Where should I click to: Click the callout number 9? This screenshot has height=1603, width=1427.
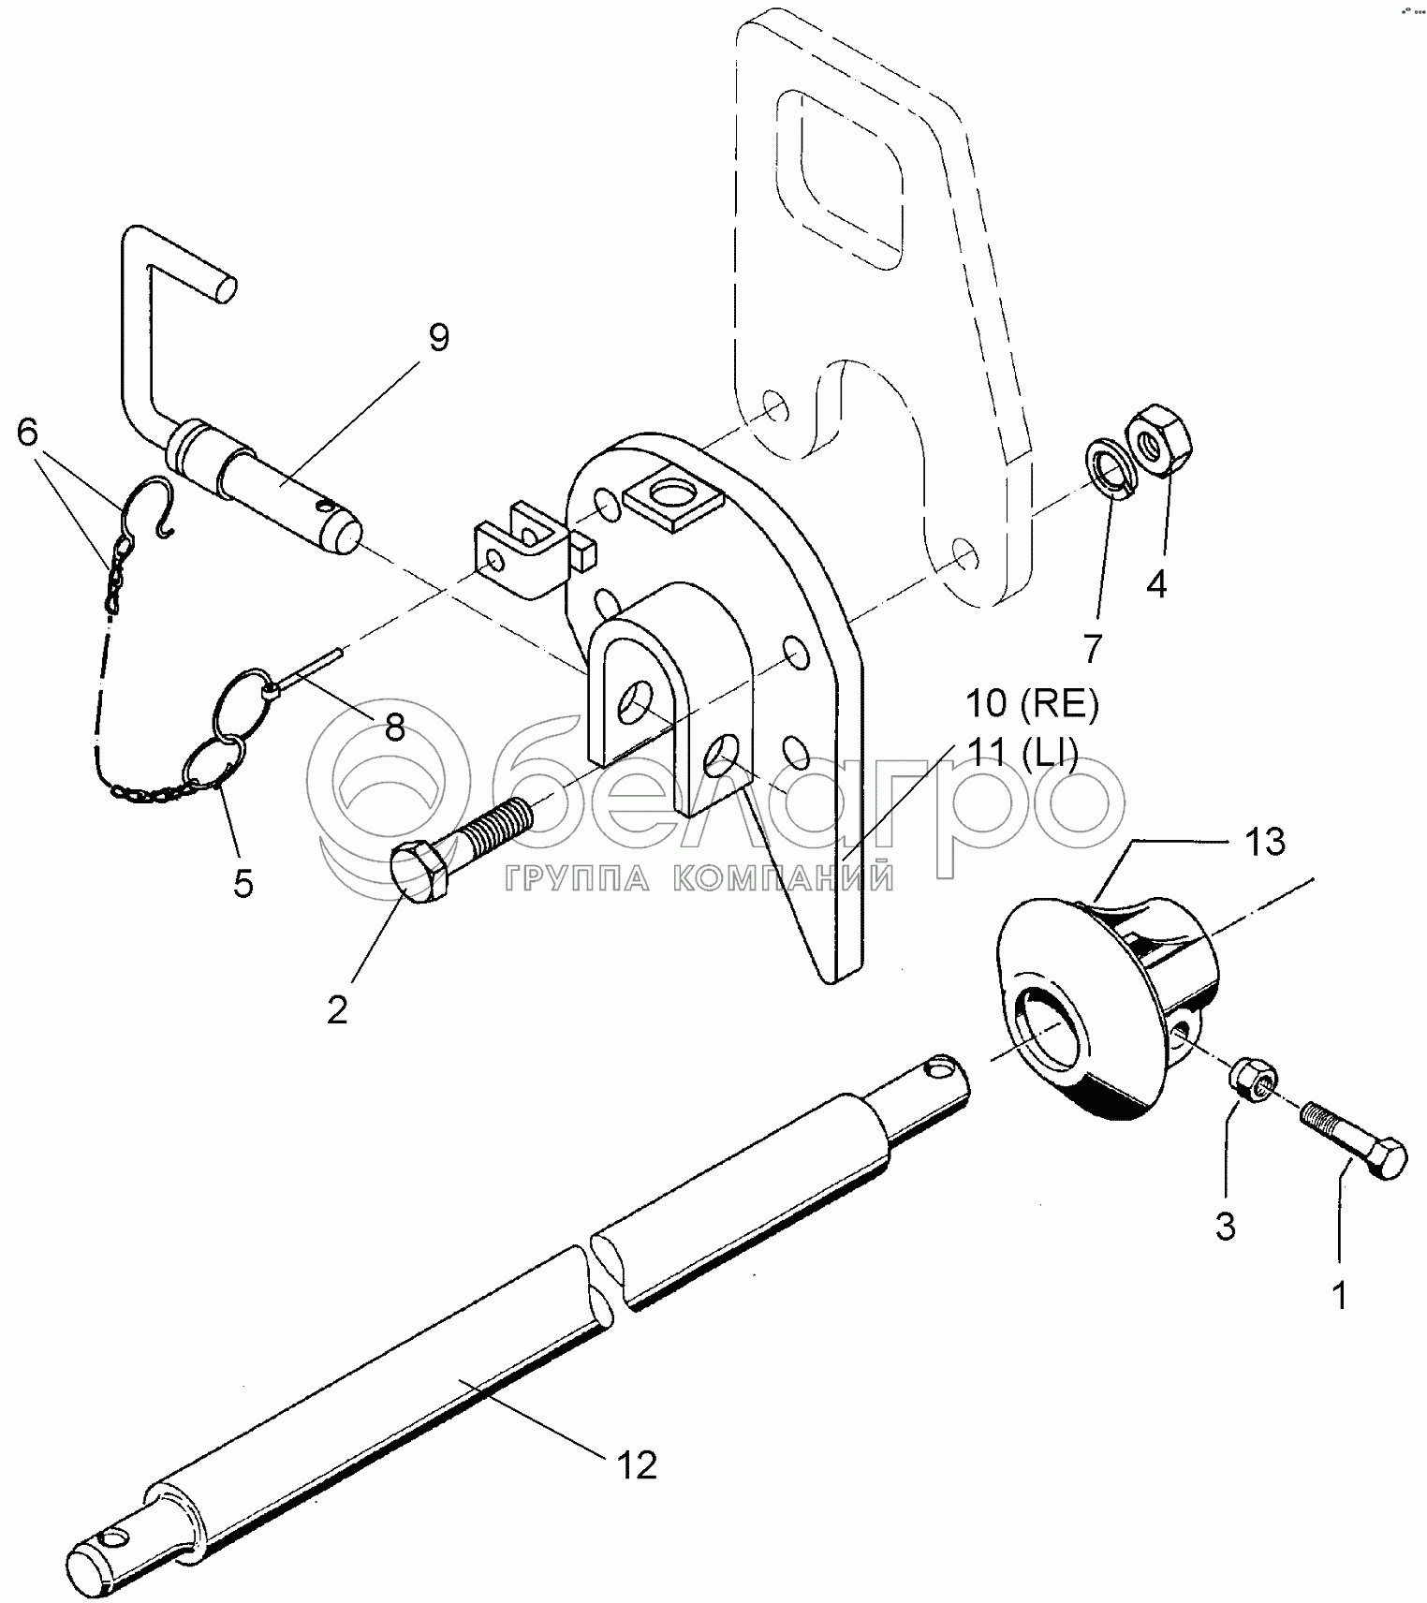click(439, 337)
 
